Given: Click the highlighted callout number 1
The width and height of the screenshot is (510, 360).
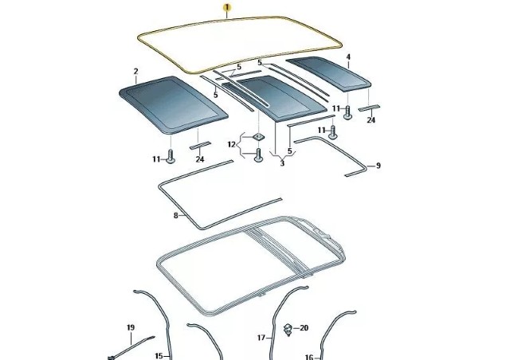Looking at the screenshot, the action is (227, 7).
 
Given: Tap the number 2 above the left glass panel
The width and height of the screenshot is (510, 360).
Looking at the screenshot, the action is (136, 72).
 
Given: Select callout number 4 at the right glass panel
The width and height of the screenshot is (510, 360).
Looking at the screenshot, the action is (348, 57).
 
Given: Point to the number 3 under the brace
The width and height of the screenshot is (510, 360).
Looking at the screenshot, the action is (282, 163).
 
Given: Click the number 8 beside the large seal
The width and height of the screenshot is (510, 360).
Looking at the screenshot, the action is (176, 215).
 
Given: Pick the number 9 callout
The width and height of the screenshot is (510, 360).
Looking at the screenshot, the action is (378, 166).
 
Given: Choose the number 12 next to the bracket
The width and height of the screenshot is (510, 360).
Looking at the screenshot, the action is (231, 144).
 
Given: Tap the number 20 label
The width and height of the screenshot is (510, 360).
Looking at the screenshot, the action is (304, 328).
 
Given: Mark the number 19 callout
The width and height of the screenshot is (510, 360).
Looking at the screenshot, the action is (131, 327).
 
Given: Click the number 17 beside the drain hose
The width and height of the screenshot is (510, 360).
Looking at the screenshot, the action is (261, 338).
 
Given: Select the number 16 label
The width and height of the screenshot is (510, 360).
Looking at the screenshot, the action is (309, 358).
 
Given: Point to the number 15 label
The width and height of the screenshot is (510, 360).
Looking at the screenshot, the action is (159, 356).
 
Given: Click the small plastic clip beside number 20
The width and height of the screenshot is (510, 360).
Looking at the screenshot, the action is (288, 330).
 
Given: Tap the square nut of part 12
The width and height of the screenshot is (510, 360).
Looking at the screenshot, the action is (258, 137).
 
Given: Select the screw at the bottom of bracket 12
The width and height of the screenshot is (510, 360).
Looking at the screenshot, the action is (258, 155).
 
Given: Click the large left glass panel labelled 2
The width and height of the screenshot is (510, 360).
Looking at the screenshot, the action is (173, 104).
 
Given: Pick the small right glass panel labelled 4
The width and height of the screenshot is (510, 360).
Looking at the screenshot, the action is (328, 72).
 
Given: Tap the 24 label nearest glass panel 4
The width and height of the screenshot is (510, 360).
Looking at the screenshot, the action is (371, 120).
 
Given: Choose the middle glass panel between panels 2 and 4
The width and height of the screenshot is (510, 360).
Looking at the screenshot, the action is (274, 98).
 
